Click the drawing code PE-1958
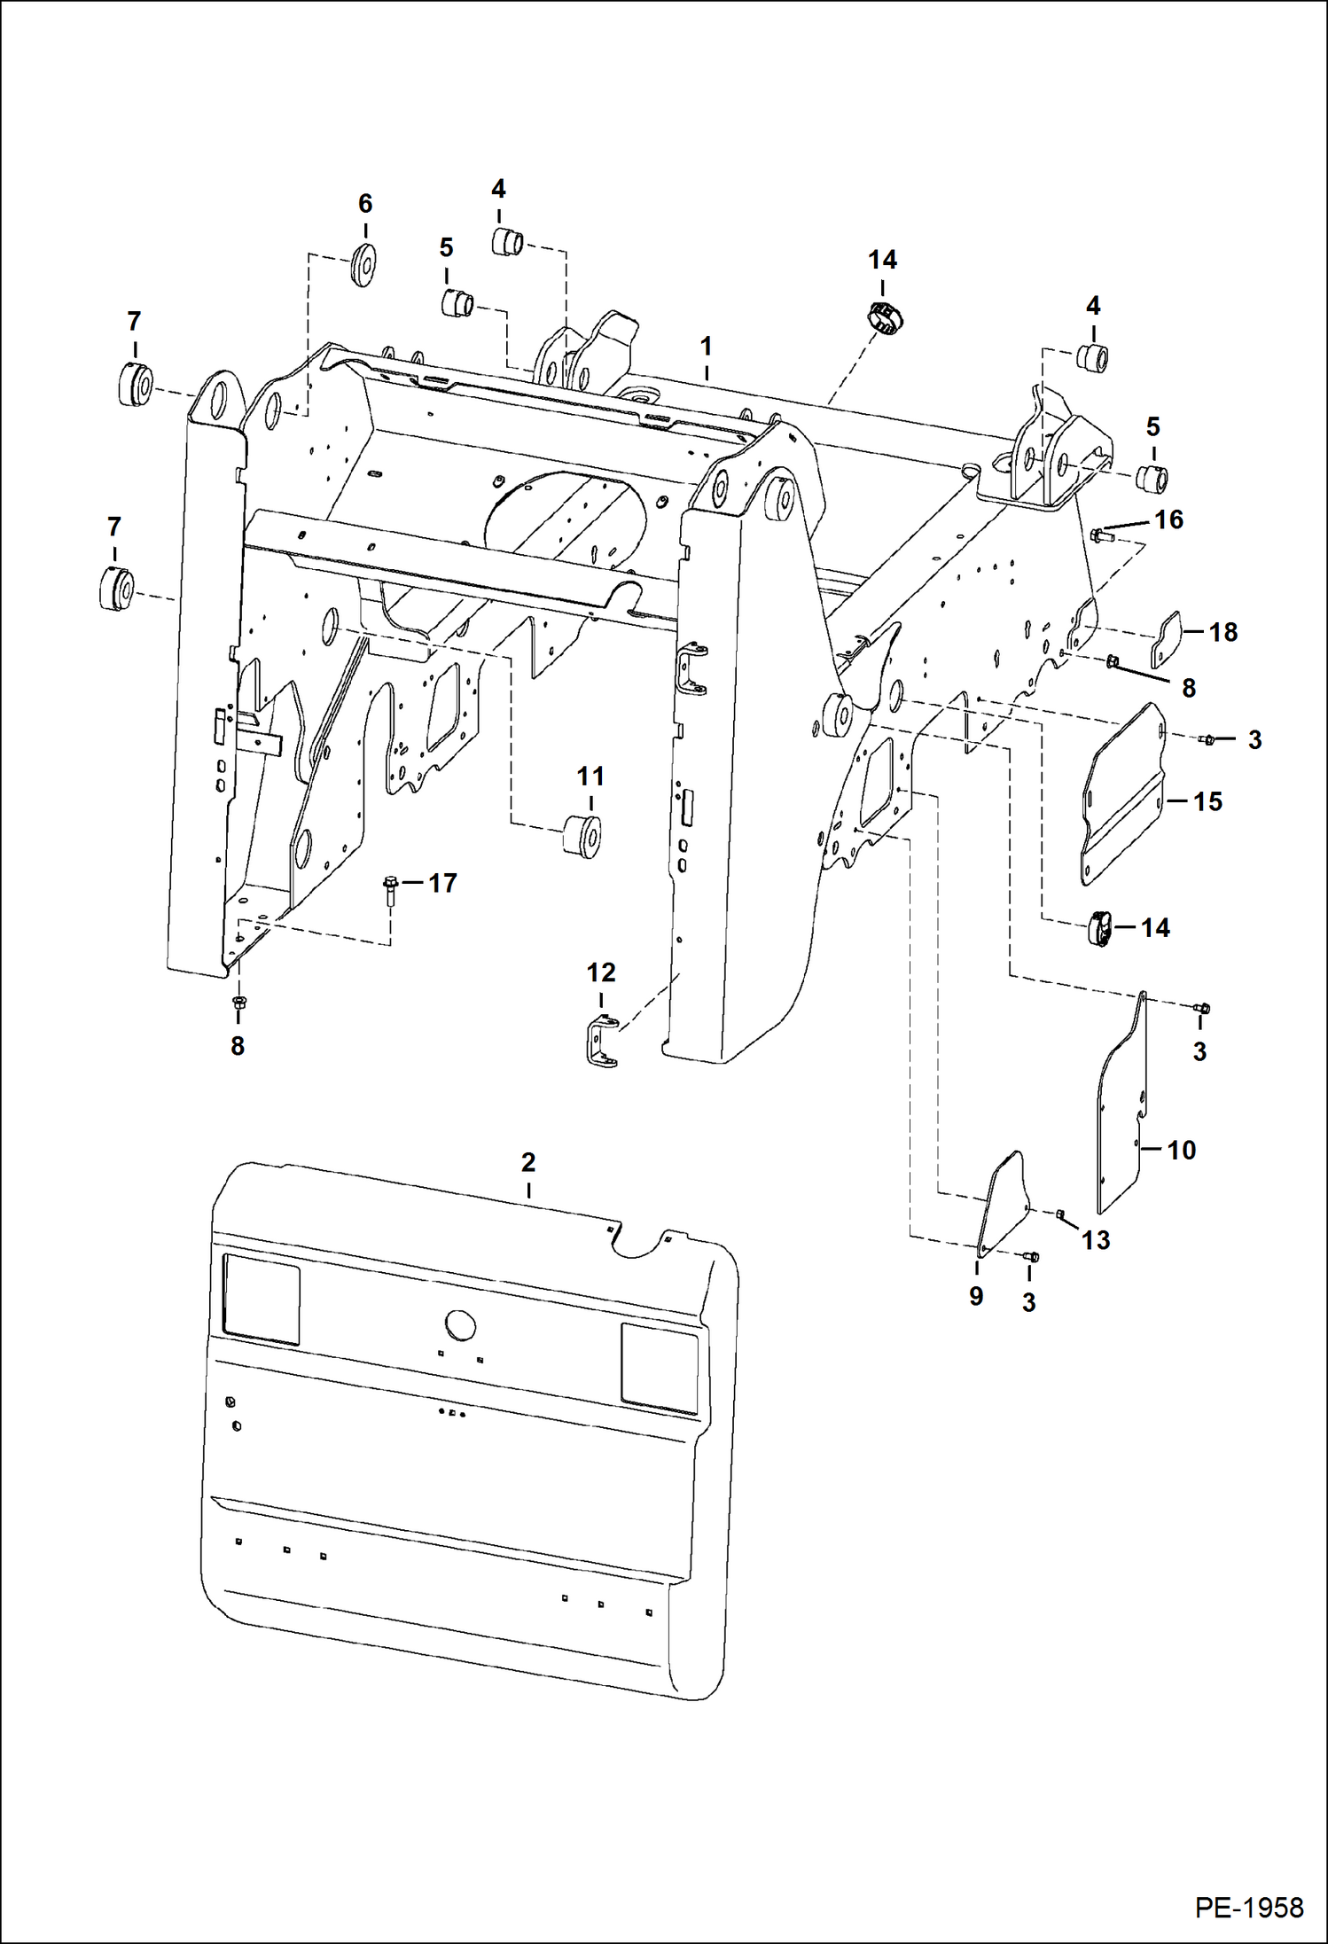[x=1248, y=1906]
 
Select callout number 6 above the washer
[x=365, y=204]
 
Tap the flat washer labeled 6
[x=363, y=263]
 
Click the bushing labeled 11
[x=583, y=835]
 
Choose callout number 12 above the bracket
[x=601, y=972]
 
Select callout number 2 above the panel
[x=528, y=1161]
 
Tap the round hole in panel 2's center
[x=460, y=1325]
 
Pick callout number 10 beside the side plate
[x=1181, y=1150]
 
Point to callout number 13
[x=1096, y=1240]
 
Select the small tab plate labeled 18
[x=1167, y=638]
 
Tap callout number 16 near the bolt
[x=1168, y=519]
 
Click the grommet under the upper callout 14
[x=884, y=316]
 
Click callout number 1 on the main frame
[x=706, y=346]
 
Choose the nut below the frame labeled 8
[x=238, y=1003]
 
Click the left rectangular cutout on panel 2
[x=261, y=1298]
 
